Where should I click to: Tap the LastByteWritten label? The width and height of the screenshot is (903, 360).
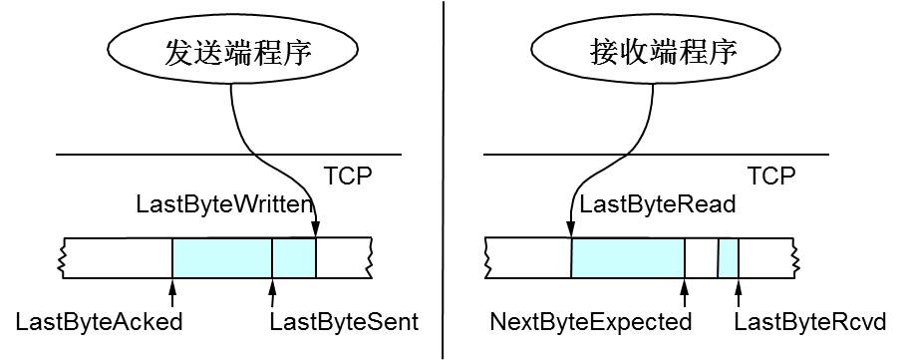click(223, 204)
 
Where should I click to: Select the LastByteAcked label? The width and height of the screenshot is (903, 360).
click(99, 322)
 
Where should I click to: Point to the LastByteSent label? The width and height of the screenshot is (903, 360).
click(345, 322)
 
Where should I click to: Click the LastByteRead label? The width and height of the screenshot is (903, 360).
click(658, 204)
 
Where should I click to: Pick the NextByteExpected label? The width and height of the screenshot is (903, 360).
click(590, 322)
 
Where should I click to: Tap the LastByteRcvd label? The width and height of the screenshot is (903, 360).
click(809, 322)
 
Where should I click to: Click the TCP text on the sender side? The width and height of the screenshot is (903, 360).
click(347, 176)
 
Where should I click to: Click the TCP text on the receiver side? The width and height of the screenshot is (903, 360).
click(771, 176)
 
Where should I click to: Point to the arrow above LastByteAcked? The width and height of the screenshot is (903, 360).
click(172, 293)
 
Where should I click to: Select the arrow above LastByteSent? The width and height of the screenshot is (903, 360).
click(272, 293)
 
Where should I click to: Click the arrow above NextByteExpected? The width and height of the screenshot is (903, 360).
click(685, 293)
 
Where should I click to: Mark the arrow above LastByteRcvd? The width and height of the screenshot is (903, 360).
click(739, 293)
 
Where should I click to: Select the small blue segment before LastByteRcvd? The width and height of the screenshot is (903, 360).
click(729, 258)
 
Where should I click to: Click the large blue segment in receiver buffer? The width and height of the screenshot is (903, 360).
click(628, 258)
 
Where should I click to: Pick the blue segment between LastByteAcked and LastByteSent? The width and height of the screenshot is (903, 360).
click(222, 258)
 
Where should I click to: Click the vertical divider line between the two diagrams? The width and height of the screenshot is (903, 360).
click(444, 180)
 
